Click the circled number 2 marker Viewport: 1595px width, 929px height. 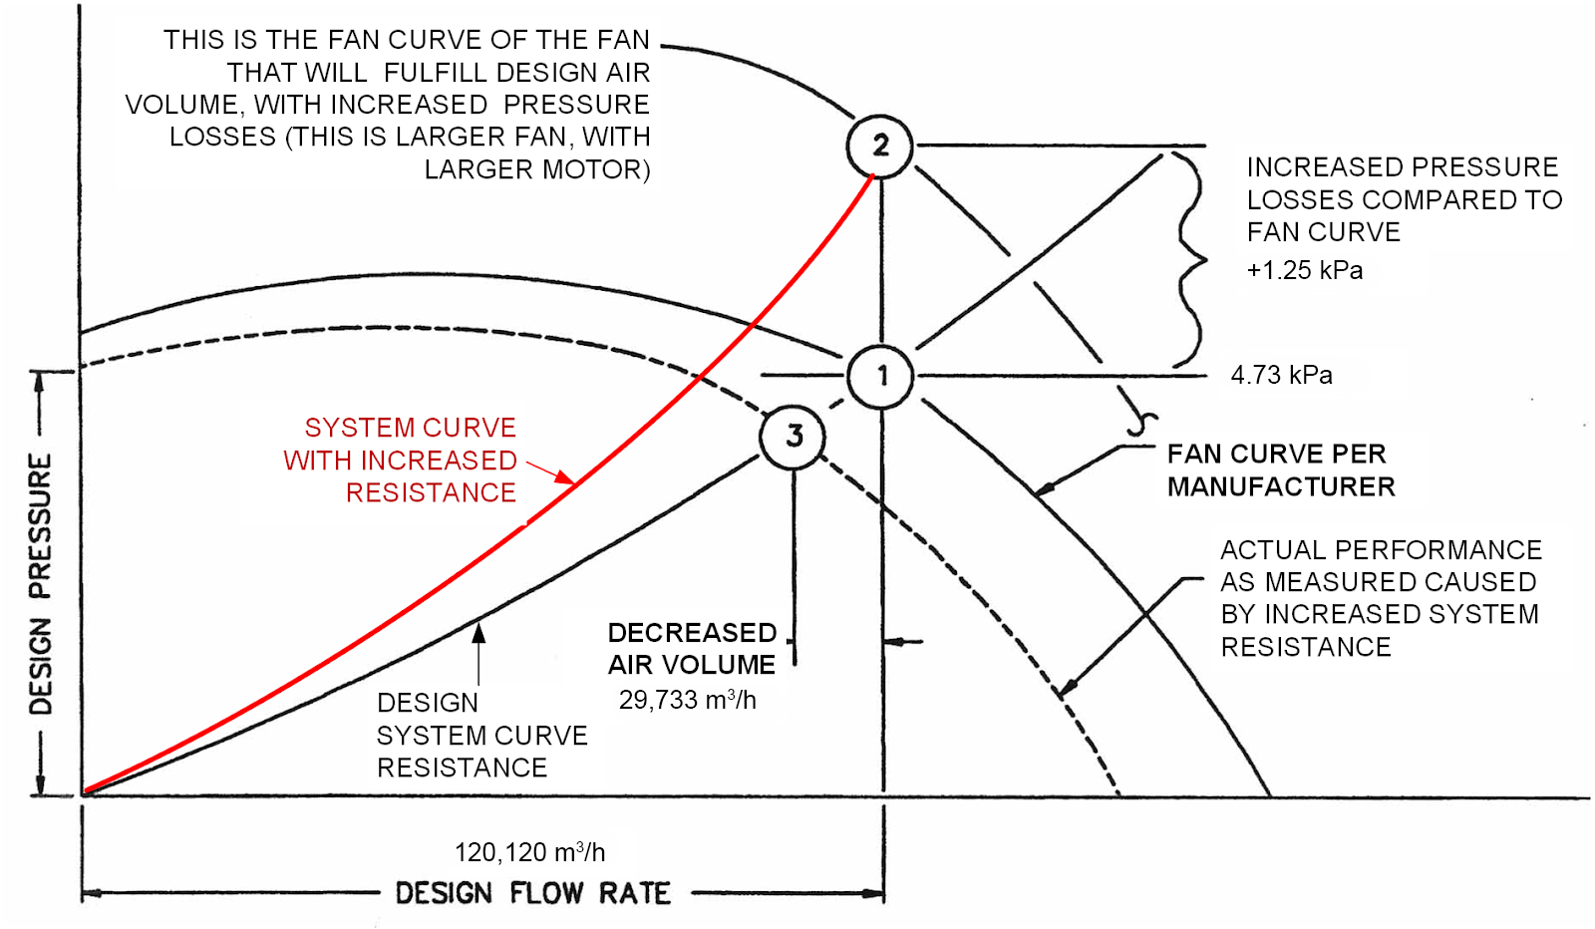pos(879,146)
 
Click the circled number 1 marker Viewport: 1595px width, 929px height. pos(880,376)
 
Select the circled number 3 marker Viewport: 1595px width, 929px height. pos(794,436)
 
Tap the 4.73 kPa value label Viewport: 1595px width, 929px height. pos(1281,375)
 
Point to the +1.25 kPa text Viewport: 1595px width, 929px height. pos(1304,270)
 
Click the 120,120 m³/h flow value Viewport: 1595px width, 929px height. pos(529,852)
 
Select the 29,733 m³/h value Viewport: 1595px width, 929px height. pos(687,700)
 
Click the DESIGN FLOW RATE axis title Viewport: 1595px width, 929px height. pos(532,893)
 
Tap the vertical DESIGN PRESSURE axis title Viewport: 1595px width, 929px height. pos(40,583)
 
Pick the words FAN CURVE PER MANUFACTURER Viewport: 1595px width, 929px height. pos(1280,470)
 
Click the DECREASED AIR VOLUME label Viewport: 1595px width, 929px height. pos(692,649)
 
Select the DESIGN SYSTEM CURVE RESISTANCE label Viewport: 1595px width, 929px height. pos(480,735)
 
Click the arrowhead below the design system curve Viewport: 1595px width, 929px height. pos(478,632)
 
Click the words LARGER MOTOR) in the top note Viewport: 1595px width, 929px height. pos(537,169)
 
